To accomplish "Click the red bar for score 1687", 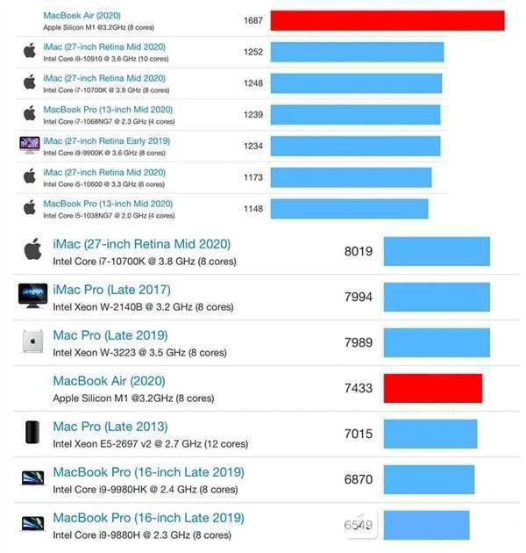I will (387, 20).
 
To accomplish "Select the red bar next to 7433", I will (433, 388).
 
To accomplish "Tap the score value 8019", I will (358, 251).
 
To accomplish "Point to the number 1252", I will (253, 52).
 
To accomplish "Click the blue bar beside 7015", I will (430, 434).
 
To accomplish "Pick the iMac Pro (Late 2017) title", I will (112, 290).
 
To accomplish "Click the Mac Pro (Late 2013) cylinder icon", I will (32, 432).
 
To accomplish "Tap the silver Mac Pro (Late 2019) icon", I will (32, 341).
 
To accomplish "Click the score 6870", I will (358, 479).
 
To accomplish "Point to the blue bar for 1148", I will (349, 209).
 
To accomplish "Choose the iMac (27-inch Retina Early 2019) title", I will (106, 141).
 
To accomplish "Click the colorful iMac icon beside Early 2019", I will (30, 145).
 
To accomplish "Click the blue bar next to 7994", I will (437, 297).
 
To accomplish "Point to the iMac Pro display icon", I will (32, 295).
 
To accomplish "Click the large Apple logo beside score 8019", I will (32, 249).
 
